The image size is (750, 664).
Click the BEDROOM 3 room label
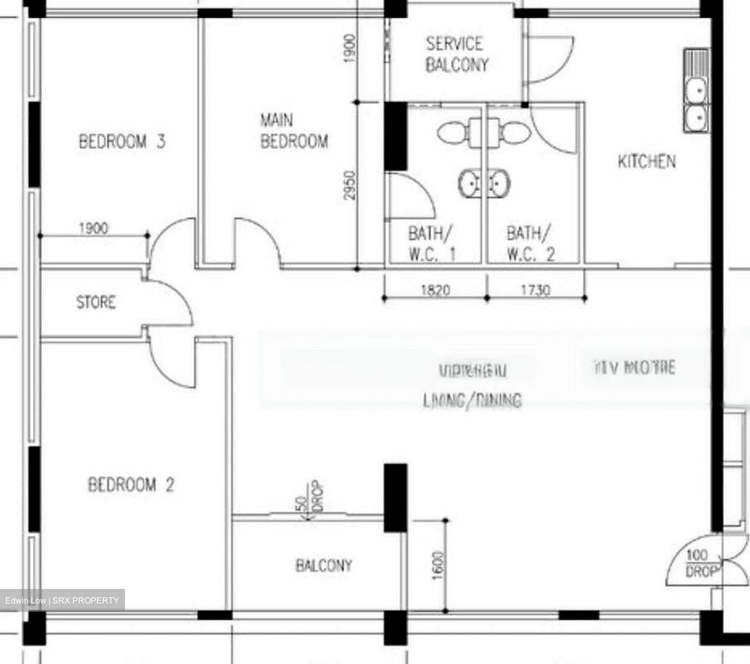click(x=122, y=141)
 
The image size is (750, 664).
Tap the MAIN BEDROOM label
click(x=294, y=131)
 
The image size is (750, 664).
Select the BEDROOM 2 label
click(x=131, y=485)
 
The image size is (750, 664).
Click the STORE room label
click(x=96, y=302)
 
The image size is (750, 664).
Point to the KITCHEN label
click(x=646, y=162)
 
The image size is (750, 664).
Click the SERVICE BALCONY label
click(x=457, y=54)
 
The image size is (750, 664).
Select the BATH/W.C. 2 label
click(x=530, y=243)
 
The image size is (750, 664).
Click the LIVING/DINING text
click(x=472, y=400)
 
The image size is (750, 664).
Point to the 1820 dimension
click(x=435, y=290)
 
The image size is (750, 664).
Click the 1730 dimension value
click(x=535, y=290)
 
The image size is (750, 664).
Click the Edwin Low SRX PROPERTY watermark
click(x=63, y=600)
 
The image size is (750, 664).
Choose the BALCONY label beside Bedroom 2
click(x=323, y=565)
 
